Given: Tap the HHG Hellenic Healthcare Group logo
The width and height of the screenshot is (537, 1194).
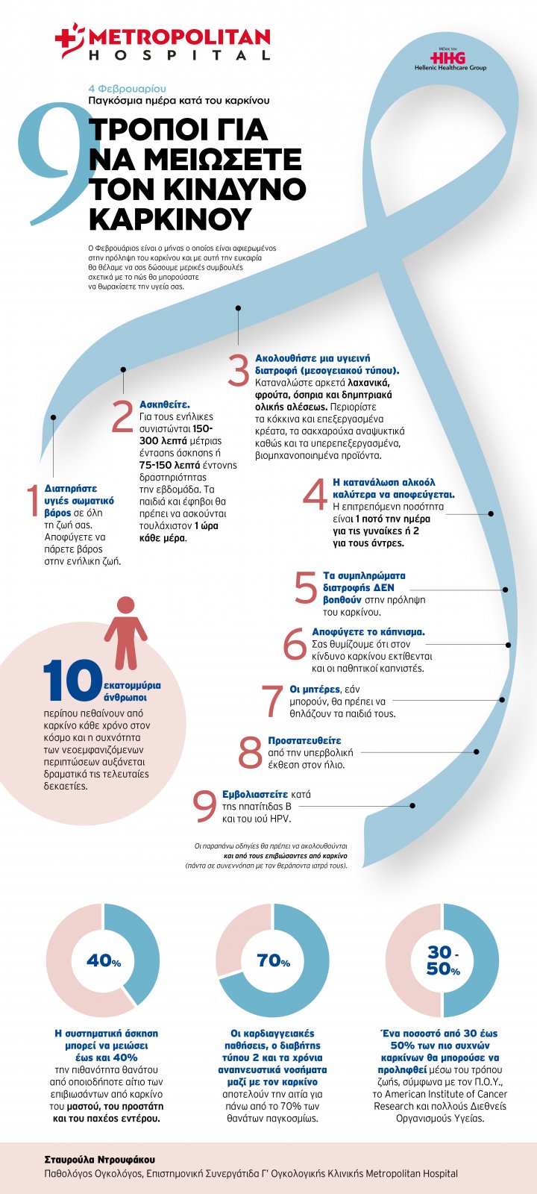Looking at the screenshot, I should (x=450, y=59).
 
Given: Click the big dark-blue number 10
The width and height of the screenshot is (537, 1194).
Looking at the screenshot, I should (x=72, y=681).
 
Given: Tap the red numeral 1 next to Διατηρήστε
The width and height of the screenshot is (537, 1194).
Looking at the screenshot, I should (x=32, y=501).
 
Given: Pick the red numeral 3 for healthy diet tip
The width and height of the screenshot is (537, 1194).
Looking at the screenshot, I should (x=238, y=371).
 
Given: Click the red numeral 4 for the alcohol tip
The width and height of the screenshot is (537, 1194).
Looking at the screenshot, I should (x=315, y=496).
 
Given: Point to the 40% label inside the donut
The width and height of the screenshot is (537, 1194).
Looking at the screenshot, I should (x=104, y=961).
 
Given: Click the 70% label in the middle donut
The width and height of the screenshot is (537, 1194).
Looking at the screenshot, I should (x=273, y=961).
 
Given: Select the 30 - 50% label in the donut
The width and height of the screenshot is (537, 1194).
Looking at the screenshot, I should (x=443, y=961).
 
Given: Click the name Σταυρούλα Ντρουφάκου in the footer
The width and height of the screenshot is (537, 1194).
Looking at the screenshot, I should (x=100, y=1160).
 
